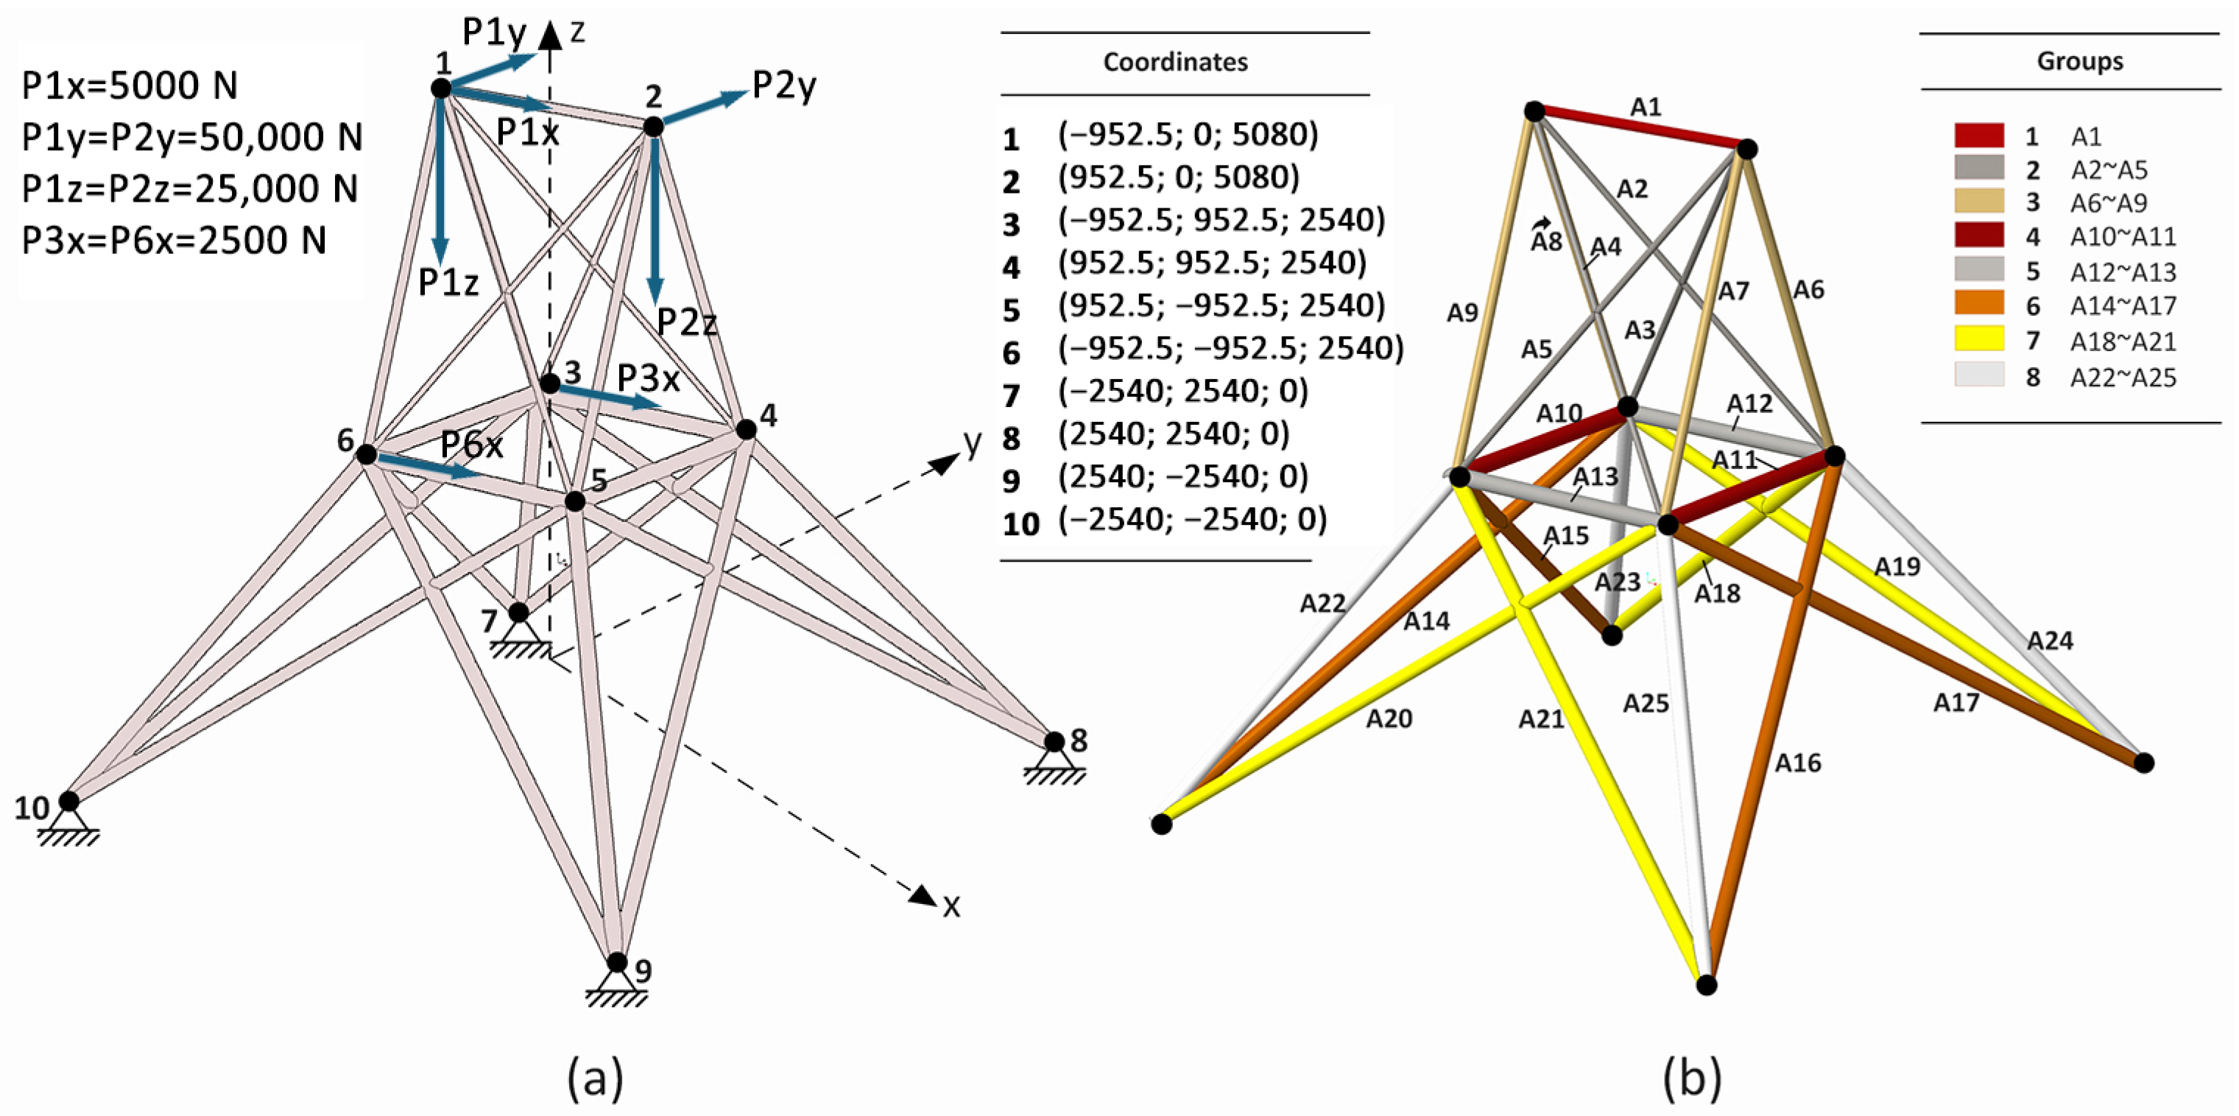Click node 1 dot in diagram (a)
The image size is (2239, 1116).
pos(442,88)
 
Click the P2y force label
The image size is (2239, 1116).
pos(784,86)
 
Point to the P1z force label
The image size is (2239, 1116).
pos(448,283)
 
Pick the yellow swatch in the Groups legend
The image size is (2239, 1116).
pos(1979,339)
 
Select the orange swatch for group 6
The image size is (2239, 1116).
pos(1979,304)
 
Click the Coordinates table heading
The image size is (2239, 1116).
pos(1175,63)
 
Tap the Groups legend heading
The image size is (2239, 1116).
pos(2079,61)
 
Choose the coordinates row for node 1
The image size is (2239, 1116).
pos(1188,135)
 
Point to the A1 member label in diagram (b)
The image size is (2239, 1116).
pos(1646,107)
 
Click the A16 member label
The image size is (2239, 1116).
pos(1797,763)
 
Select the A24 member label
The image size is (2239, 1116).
pos(2050,641)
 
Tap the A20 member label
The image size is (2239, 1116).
pos(1389,718)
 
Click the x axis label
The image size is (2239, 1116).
pos(952,906)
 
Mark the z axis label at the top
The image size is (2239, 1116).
pos(577,32)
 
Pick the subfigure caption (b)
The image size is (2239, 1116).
pos(1691,1078)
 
